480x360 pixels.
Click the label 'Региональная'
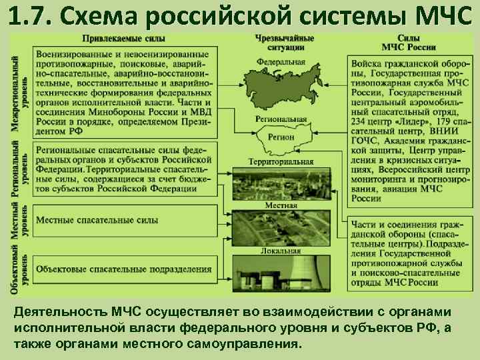click(281, 120)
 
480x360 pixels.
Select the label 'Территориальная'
click(281, 162)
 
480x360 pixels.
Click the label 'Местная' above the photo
click(281, 205)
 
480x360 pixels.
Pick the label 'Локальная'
click(281, 251)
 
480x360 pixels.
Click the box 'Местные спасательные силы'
click(125, 220)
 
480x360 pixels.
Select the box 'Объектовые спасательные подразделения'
click(125, 269)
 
